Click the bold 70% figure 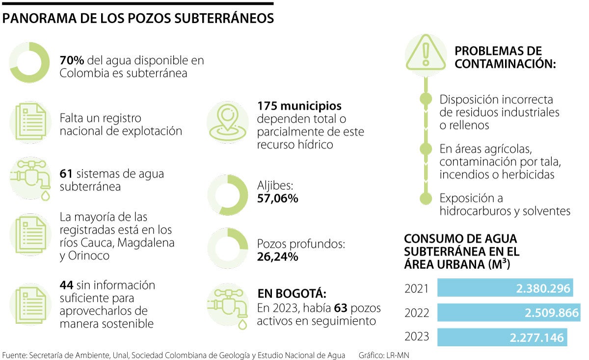point(72,61)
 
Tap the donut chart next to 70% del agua point(30,62)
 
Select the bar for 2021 point(505,288)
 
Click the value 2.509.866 point(552,313)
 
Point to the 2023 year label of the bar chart point(417,337)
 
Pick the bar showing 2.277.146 point(501,337)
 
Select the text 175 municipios point(299,106)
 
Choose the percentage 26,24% point(278,257)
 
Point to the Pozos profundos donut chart point(227,249)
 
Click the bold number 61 point(66,174)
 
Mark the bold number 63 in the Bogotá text point(341,308)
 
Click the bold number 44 point(67,285)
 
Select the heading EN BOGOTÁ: point(292,294)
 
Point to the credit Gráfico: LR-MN point(384,355)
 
